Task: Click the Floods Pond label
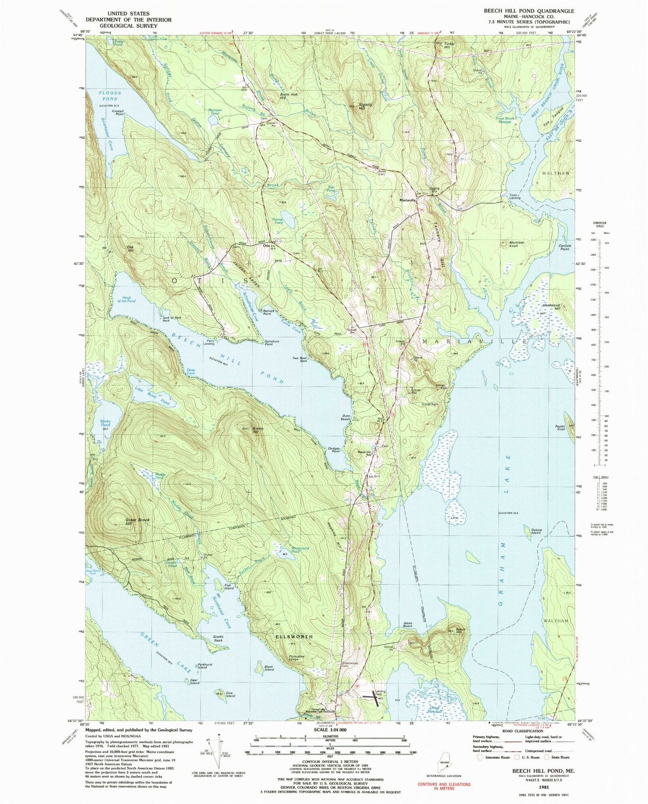click(x=109, y=95)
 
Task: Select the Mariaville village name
click(x=408, y=201)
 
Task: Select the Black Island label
click(x=269, y=668)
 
